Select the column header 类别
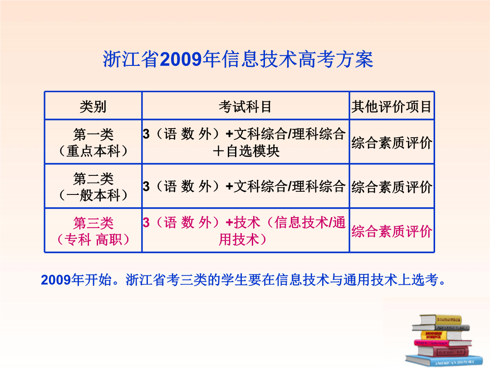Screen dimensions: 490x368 point(93,106)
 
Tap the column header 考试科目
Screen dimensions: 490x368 point(245,106)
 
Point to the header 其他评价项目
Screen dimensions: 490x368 point(391,106)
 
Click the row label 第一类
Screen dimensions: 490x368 point(93,134)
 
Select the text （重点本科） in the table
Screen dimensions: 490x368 point(93,151)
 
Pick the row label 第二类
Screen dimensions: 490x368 point(93,179)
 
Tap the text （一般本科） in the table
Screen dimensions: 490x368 point(93,195)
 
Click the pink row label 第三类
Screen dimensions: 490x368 point(93,223)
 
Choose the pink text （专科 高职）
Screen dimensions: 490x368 point(93,240)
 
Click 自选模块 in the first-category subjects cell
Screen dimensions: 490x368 point(253,151)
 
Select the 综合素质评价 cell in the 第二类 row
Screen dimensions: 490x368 point(392,187)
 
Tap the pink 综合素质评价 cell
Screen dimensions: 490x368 point(392,232)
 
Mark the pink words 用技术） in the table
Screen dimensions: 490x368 point(242,240)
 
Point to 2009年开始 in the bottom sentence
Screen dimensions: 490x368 point(76,279)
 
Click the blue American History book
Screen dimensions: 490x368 point(444,361)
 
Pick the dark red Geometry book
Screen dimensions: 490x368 point(444,351)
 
